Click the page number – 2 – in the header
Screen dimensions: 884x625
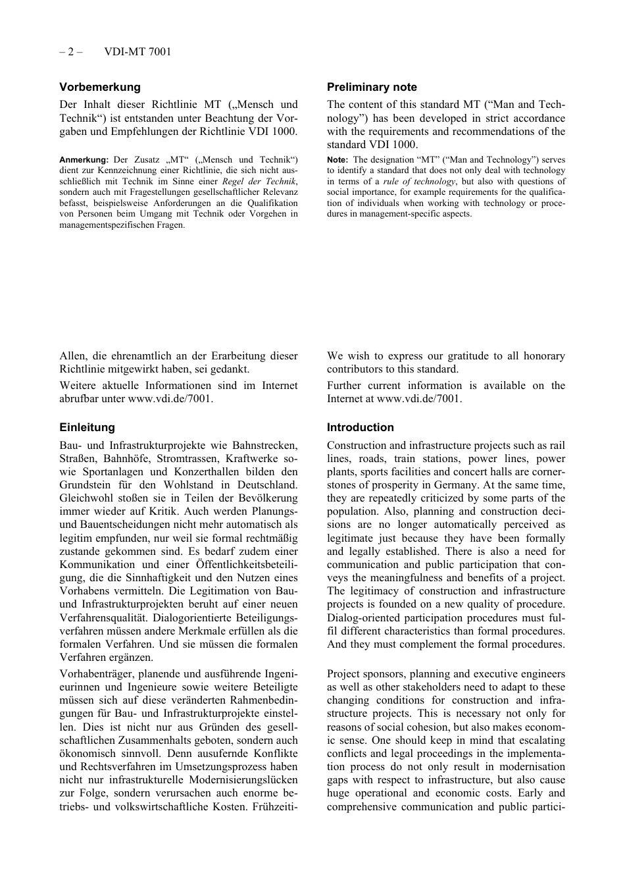(x=71, y=51)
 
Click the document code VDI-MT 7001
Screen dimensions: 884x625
(x=137, y=51)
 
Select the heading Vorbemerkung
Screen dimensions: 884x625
(x=100, y=87)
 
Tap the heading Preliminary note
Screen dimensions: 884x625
(x=372, y=87)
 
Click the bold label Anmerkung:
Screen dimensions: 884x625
(x=84, y=160)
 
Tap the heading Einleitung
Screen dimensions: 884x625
(x=87, y=427)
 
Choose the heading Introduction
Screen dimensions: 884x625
(x=360, y=427)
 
